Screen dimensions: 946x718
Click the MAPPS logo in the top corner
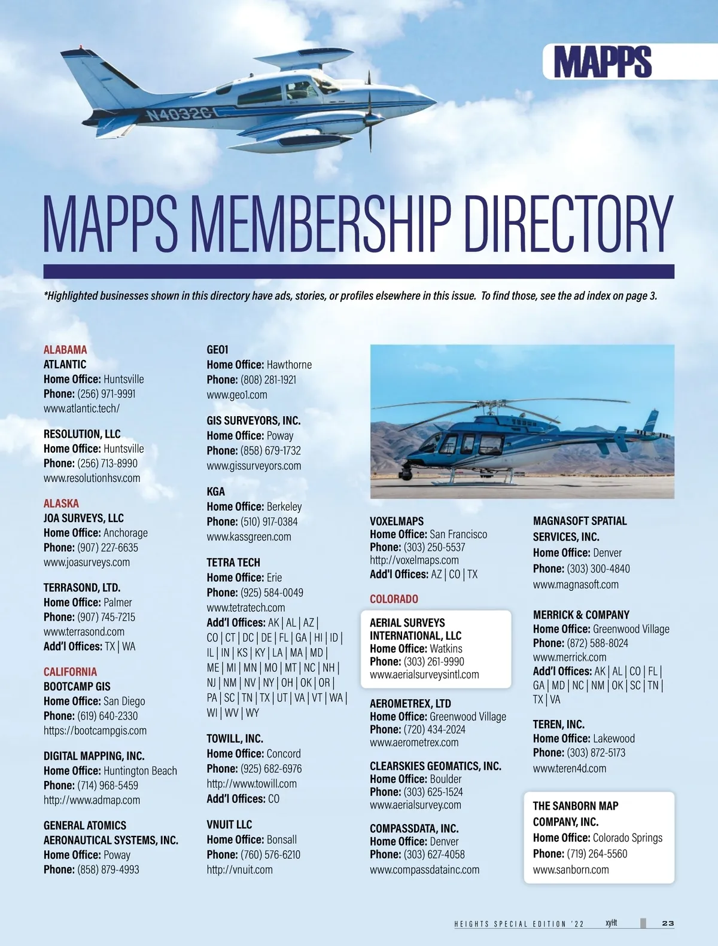click(602, 62)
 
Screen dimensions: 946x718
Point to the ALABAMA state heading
click(65, 350)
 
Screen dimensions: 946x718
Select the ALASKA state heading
click(61, 503)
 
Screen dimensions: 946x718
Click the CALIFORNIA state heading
click(70, 672)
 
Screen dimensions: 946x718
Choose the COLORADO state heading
click(394, 599)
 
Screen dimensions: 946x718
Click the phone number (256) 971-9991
click(106, 394)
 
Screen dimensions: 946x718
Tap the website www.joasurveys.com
click(87, 562)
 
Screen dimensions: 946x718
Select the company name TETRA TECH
click(233, 562)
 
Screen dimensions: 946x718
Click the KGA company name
click(216, 492)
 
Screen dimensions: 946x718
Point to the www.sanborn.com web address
click(571, 869)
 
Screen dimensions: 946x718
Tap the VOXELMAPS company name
click(397, 521)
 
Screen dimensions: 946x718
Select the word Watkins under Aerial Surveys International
click(446, 648)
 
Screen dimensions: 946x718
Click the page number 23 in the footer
click(668, 923)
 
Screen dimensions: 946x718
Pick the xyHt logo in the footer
click(611, 923)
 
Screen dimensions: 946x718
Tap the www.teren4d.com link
click(570, 768)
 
